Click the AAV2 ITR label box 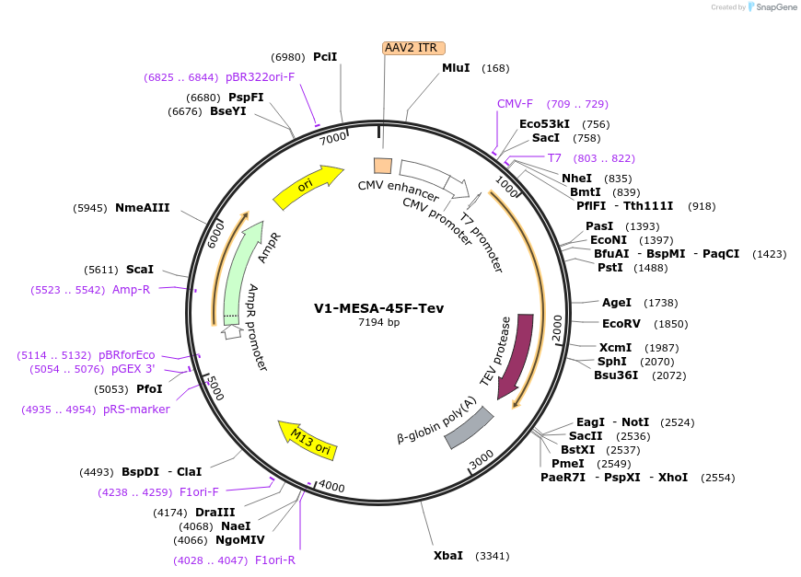point(413,48)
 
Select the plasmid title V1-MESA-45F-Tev point(378,307)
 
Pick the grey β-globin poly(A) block point(470,428)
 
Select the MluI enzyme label point(456,68)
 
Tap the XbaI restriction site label point(448,556)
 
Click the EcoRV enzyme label point(620,324)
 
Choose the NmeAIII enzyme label point(143,208)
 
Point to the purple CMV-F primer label point(515,104)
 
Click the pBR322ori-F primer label point(260,77)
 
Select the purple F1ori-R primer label point(275,560)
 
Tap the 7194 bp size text point(378,323)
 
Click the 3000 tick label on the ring point(482,457)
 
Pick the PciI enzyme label point(325,57)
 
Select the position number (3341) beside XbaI point(493,556)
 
